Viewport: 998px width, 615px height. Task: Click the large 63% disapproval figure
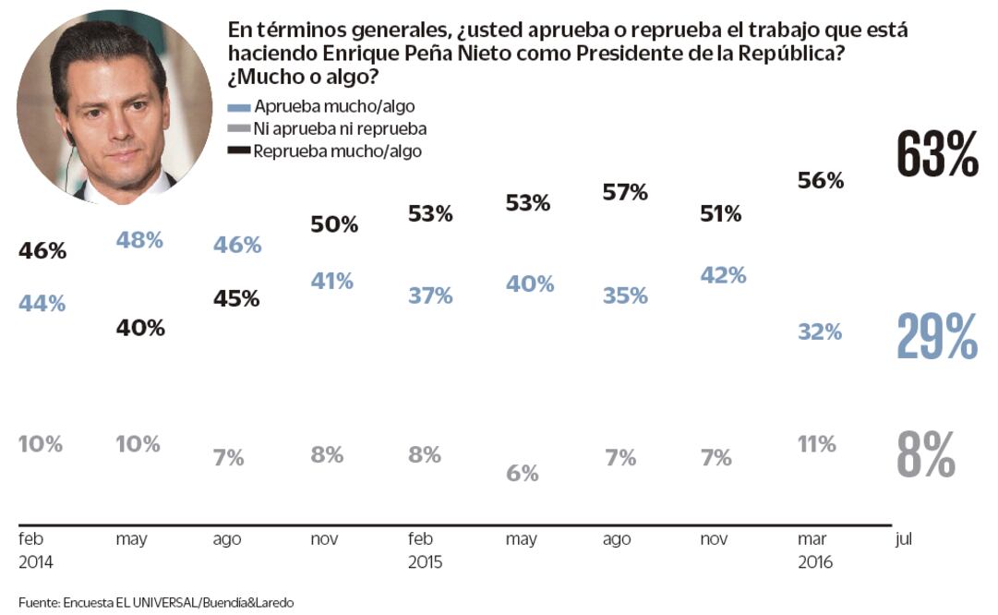pyautogui.click(x=937, y=154)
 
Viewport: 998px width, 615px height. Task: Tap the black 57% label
pyautogui.click(x=625, y=193)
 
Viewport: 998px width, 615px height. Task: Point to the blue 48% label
pyautogui.click(x=139, y=240)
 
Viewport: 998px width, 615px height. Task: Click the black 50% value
pyautogui.click(x=333, y=224)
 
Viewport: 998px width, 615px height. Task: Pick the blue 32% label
pyautogui.click(x=820, y=332)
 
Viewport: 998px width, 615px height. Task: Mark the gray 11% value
pyautogui.click(x=817, y=444)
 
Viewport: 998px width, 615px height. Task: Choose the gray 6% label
pyautogui.click(x=522, y=473)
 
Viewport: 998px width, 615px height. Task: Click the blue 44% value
pyautogui.click(x=42, y=303)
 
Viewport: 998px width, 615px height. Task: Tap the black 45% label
pyautogui.click(x=236, y=298)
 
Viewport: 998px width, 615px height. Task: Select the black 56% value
pyautogui.click(x=821, y=181)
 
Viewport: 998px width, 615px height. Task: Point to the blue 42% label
pyautogui.click(x=723, y=275)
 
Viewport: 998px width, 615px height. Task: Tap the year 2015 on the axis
pyautogui.click(x=426, y=562)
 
